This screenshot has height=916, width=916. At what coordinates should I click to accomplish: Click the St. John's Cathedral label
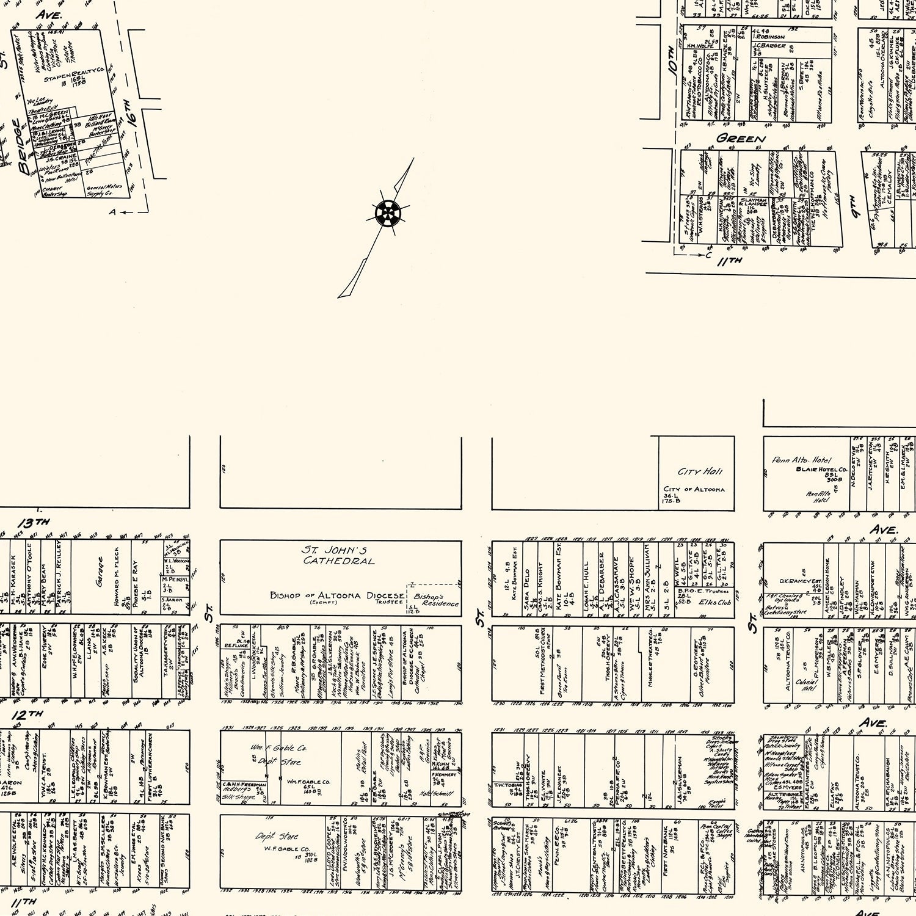click(x=339, y=554)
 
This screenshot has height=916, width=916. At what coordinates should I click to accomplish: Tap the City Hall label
click(x=700, y=471)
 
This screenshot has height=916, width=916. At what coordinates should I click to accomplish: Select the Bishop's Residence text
click(x=436, y=600)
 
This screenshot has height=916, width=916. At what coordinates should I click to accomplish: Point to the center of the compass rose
click(x=387, y=213)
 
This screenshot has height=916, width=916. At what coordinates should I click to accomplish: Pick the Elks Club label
click(x=715, y=602)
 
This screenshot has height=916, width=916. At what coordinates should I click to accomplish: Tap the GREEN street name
click(x=741, y=139)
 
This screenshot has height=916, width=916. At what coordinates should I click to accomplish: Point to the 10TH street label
click(x=672, y=60)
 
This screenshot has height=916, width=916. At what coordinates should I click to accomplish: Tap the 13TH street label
click(x=34, y=523)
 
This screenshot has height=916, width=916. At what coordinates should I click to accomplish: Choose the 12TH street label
click(x=27, y=714)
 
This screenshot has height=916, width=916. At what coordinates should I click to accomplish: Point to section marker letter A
click(x=112, y=212)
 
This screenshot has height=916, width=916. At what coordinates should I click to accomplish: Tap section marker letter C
click(x=708, y=255)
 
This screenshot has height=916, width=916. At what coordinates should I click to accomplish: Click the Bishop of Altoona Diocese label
click(x=336, y=595)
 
